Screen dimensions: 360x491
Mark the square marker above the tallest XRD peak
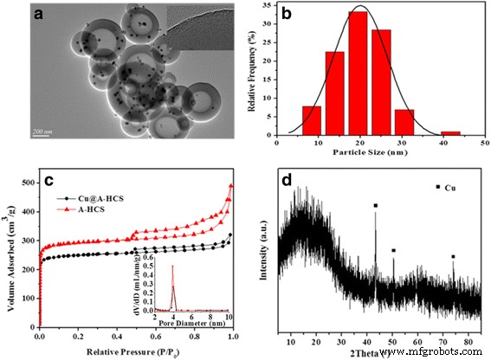click(375, 206)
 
